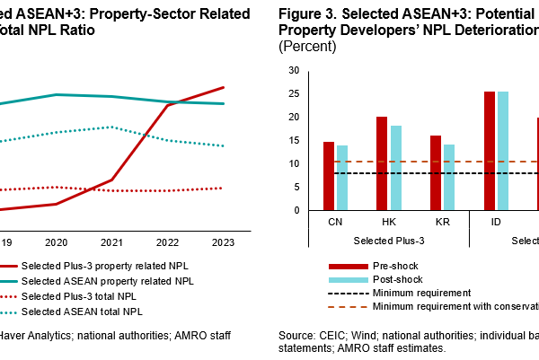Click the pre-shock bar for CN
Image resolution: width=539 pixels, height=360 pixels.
pos(329,176)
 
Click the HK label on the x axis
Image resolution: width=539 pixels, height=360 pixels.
pos(389,221)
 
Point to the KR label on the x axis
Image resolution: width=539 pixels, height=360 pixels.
pos(442,221)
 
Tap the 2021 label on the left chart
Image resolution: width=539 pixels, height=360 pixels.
pos(111,242)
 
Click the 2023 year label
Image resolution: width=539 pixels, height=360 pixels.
pos(223,242)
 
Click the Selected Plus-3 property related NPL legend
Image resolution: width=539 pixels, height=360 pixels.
pos(106,266)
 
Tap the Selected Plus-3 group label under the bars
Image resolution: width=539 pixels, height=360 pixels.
pos(389,240)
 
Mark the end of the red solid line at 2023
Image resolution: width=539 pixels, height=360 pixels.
pos(224,87)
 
